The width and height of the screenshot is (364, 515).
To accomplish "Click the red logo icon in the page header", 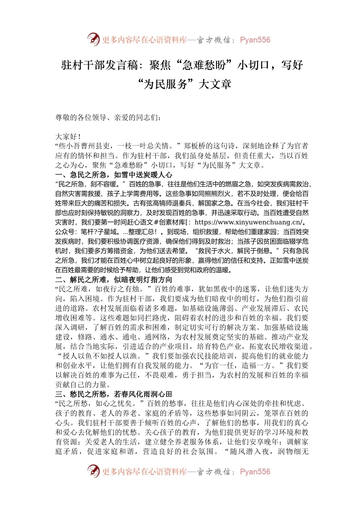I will point(93,39).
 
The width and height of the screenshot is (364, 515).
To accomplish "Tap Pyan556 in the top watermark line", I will point(255,40).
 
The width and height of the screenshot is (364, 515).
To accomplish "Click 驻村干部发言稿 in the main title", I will point(100,65).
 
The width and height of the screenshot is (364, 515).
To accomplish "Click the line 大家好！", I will point(68,136).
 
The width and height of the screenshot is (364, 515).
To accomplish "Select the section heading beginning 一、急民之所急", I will point(113,175).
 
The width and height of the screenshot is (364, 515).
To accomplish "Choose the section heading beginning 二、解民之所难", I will point(113,280).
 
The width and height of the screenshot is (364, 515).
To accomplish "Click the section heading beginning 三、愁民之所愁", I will point(113,394).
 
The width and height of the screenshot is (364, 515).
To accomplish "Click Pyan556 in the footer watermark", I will point(255,472).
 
